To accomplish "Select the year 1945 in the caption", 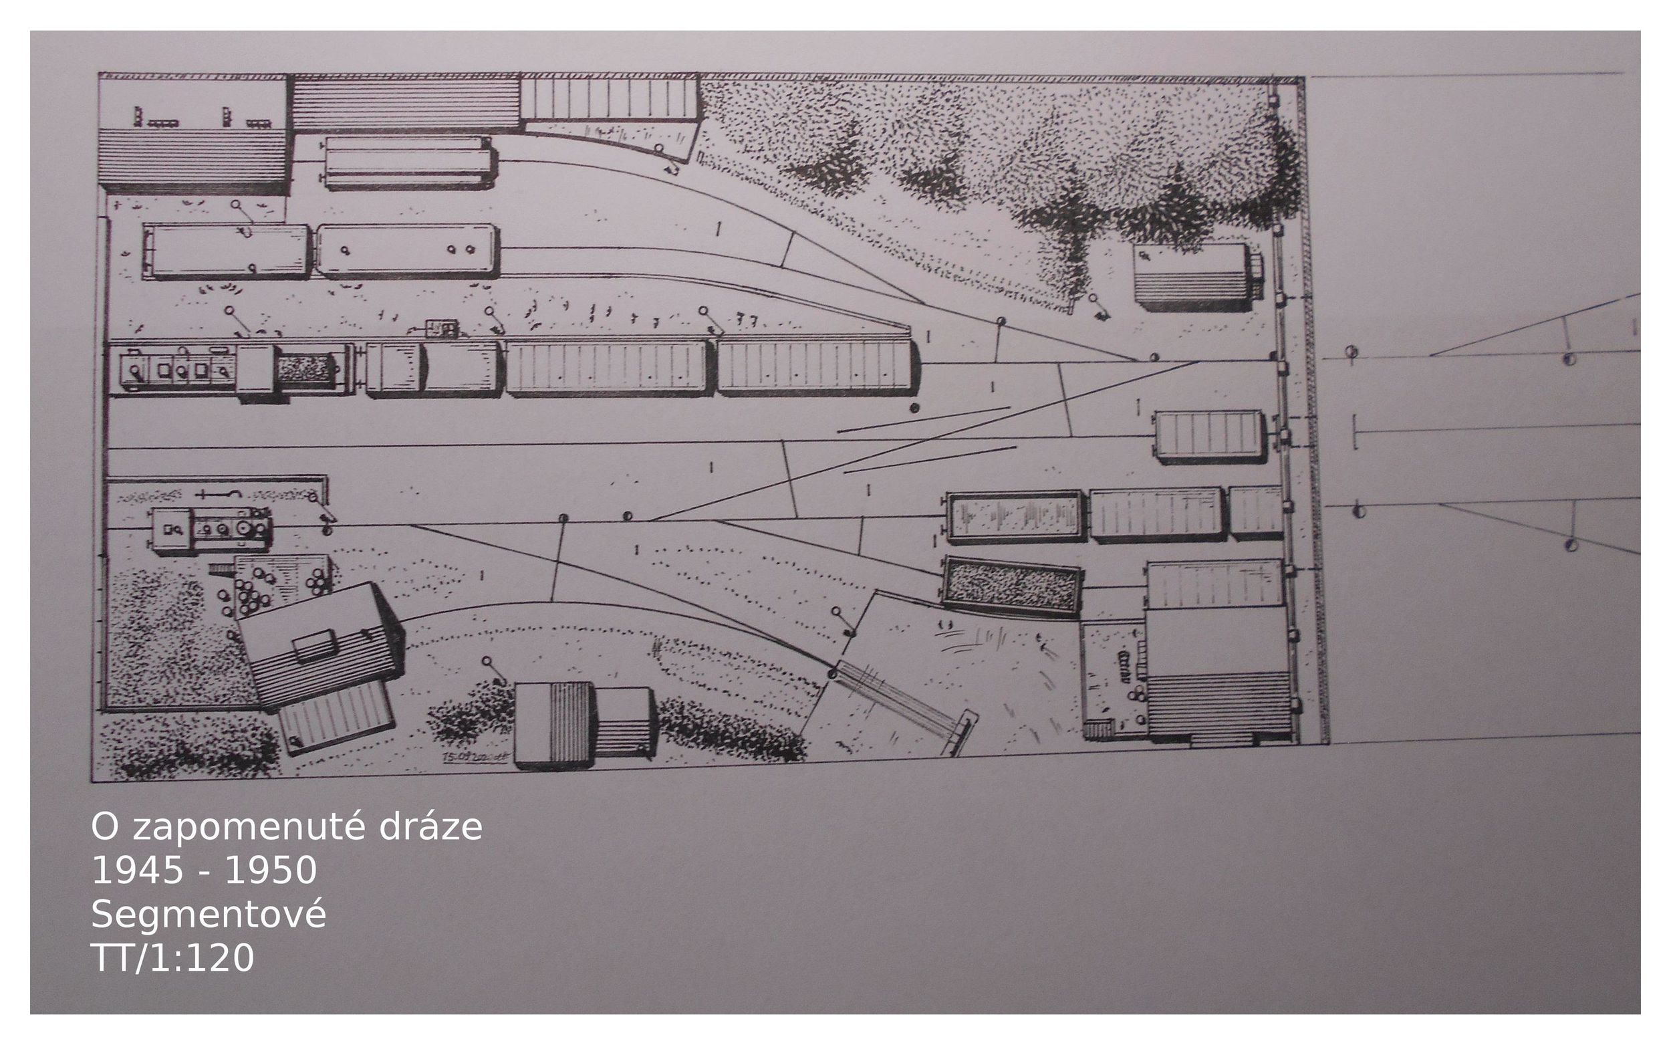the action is coord(137,869).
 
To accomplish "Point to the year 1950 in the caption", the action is coord(271,869).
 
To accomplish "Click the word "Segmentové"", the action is coord(209,915).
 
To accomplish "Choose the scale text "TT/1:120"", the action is coord(172,958).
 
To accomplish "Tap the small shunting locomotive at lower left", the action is coord(209,530).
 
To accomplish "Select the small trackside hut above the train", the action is coord(442,328).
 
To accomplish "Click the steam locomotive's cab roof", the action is coord(256,374).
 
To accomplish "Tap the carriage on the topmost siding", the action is coord(408,163).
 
